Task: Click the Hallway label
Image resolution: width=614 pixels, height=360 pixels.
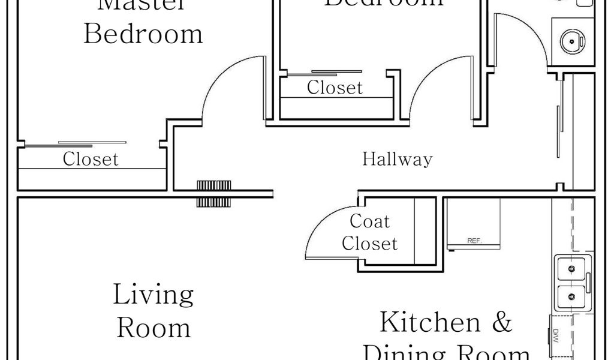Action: click(397, 160)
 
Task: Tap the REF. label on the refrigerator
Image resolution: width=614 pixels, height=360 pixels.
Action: click(474, 241)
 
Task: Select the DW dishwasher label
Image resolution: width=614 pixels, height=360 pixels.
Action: click(555, 334)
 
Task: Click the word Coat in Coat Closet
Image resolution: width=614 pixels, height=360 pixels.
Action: click(369, 221)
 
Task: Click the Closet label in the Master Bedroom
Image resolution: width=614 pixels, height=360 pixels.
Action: click(91, 160)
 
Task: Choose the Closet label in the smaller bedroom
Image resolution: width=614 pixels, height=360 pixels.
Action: click(335, 88)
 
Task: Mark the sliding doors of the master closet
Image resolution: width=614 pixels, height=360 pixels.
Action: click(75, 144)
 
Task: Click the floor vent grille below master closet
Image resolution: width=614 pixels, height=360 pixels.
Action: click(214, 193)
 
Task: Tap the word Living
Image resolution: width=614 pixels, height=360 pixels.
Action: click(153, 296)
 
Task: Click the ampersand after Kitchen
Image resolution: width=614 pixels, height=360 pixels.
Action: click(502, 323)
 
